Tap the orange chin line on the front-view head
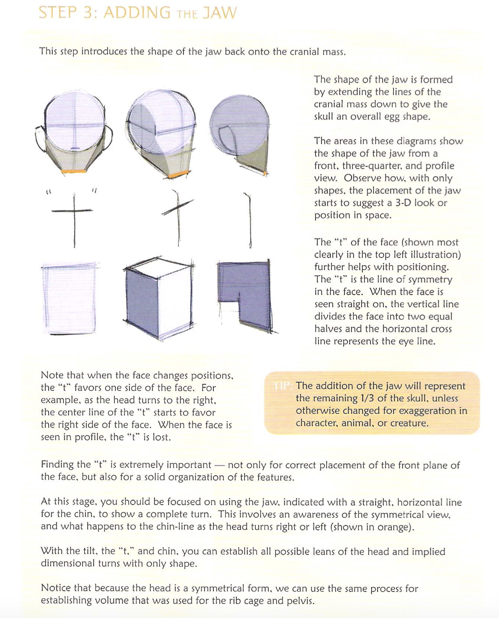(74, 171)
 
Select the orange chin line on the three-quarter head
(178, 174)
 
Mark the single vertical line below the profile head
(249, 220)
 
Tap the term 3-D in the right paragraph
(403, 203)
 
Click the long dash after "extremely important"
(220, 465)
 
